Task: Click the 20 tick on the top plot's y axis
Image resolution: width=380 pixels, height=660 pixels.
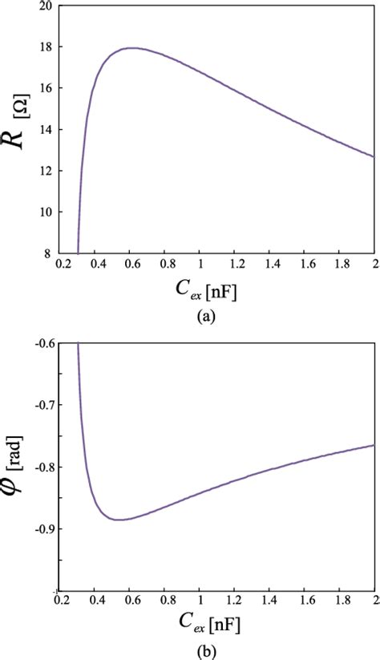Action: coord(46,6)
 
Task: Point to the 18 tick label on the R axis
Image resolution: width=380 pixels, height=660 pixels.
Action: coord(46,47)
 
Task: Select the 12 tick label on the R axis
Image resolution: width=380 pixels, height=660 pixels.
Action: coord(46,171)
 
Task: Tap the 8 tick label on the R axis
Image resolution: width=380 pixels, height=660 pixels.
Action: coord(48,253)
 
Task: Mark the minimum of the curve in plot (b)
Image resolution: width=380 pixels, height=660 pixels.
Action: coord(120,520)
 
